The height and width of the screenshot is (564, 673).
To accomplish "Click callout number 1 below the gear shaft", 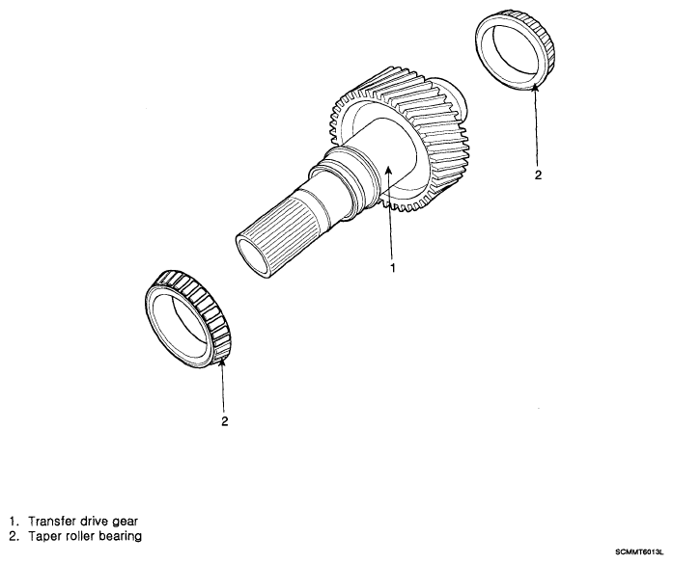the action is click(x=392, y=268).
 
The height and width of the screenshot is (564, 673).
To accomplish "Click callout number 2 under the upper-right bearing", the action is click(x=538, y=175).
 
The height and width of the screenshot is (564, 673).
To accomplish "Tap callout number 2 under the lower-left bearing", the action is click(x=224, y=421).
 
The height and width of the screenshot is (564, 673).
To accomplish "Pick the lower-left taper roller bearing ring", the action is click(x=187, y=318).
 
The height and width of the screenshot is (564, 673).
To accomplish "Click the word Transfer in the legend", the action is click(x=52, y=522).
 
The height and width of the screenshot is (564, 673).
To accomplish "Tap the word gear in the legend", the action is click(x=125, y=523).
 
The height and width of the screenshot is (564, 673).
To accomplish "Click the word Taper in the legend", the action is click(x=44, y=536).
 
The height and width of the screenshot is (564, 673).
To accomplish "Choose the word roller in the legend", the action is click(x=79, y=536).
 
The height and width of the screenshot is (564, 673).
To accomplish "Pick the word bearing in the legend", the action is click(x=120, y=537).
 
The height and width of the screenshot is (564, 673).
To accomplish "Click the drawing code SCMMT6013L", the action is click(x=639, y=552).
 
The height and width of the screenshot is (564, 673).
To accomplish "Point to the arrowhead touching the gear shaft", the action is click(x=388, y=171).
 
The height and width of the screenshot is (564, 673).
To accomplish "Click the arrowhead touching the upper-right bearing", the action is click(x=534, y=89).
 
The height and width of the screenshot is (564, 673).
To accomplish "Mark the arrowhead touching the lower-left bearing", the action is click(x=222, y=363).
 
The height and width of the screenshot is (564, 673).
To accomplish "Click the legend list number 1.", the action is click(x=14, y=522).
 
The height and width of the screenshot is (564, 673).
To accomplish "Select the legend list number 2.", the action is click(x=14, y=536).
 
